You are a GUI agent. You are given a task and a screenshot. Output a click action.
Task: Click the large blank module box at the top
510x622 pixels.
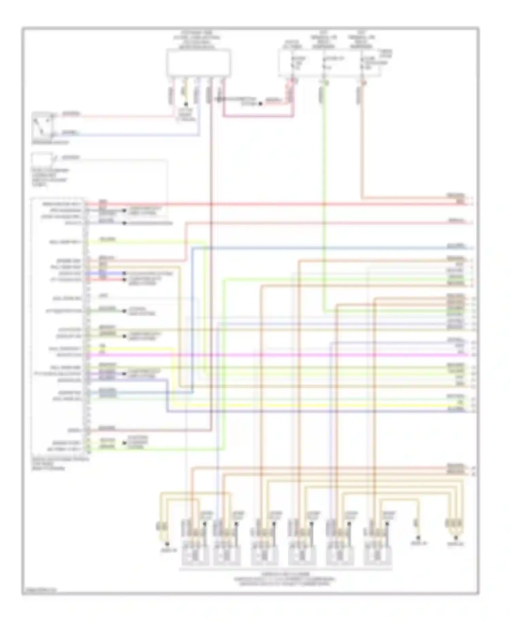(199, 63)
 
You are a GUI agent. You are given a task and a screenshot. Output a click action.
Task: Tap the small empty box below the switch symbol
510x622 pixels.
(42, 159)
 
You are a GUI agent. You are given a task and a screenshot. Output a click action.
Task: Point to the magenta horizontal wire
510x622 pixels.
(272, 355)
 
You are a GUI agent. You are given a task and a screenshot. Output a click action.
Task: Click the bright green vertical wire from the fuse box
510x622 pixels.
(324, 204)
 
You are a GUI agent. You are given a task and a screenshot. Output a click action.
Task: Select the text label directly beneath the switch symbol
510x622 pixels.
(50, 143)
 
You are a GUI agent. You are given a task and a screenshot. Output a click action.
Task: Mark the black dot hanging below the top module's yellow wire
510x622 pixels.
(186, 104)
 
